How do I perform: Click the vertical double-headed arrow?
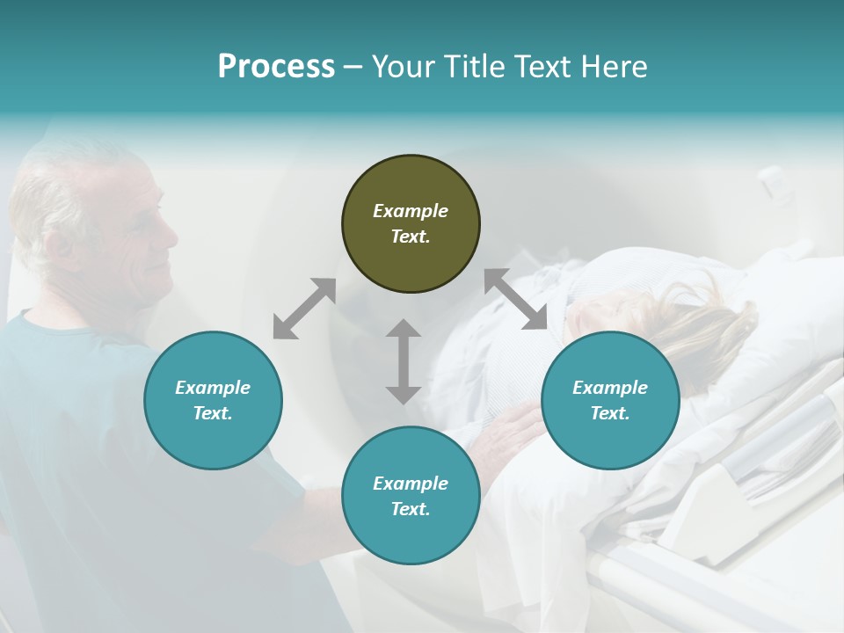pyautogui.click(x=404, y=361)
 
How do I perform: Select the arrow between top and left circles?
pyautogui.click(x=304, y=309)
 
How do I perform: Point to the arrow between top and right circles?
pyautogui.click(x=515, y=299)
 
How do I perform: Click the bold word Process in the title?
pyautogui.click(x=276, y=67)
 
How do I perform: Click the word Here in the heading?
pyautogui.click(x=615, y=67)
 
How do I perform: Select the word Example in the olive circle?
pyautogui.click(x=411, y=211)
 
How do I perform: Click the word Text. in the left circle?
pyautogui.click(x=213, y=413)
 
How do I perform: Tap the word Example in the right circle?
pyautogui.click(x=610, y=388)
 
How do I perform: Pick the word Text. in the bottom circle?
pyautogui.click(x=411, y=509)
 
